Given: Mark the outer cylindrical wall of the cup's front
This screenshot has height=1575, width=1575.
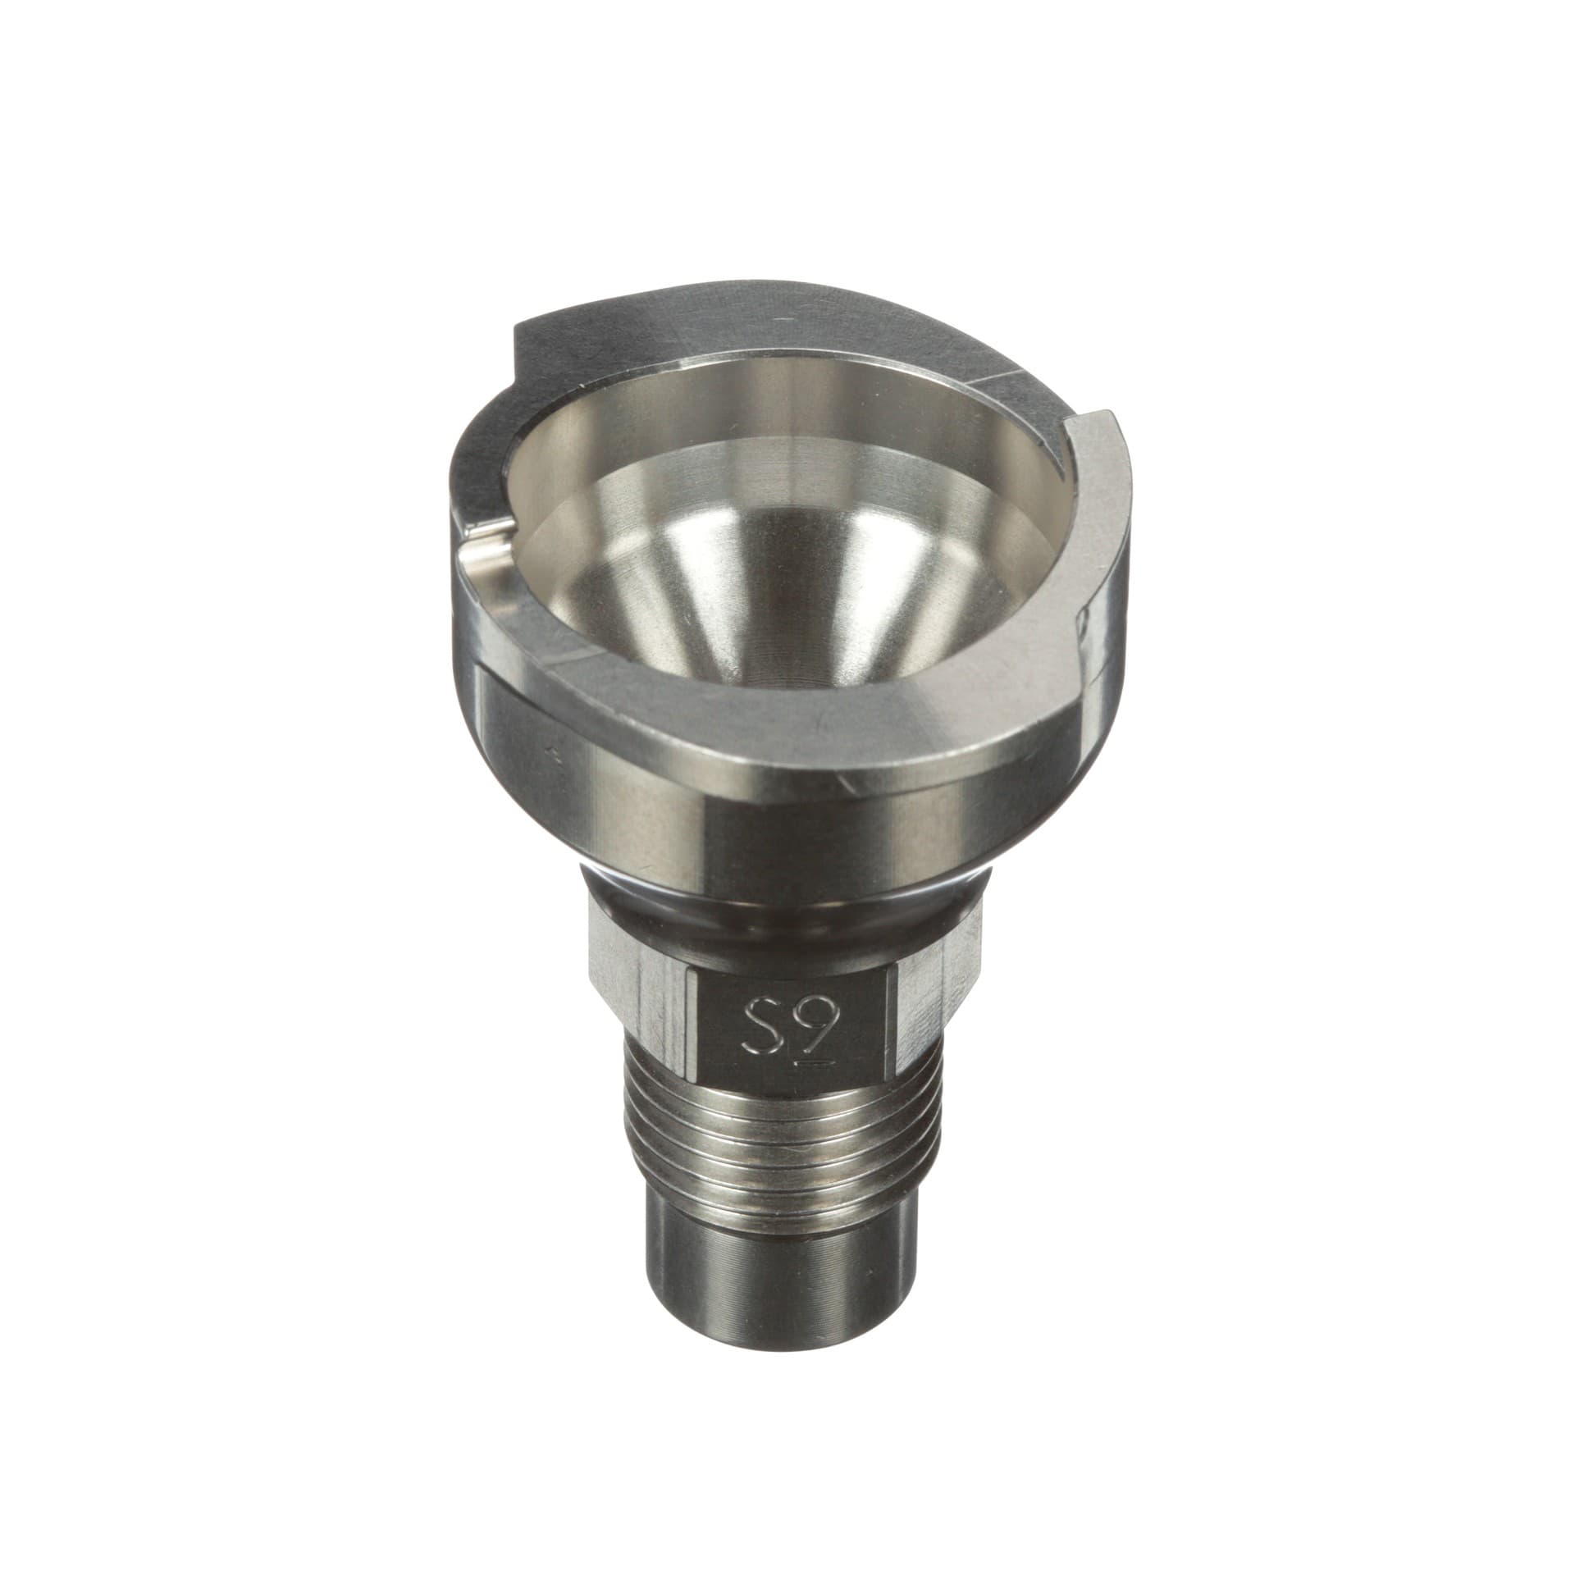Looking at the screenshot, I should [x=738, y=804].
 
